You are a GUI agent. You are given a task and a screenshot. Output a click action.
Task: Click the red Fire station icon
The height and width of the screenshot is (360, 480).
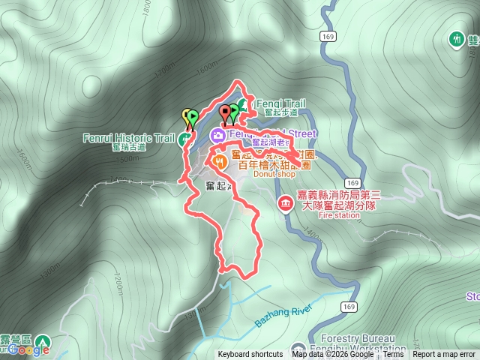(x=285, y=203)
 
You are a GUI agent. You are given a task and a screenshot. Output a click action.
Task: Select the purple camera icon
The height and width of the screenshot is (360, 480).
(x=217, y=135)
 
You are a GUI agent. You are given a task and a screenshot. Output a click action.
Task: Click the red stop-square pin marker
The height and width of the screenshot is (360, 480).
(x=225, y=113)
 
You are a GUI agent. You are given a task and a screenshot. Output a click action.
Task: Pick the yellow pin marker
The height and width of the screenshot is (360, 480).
(x=187, y=115)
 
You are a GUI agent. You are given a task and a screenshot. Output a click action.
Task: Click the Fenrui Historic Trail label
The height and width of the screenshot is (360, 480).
(x=128, y=138)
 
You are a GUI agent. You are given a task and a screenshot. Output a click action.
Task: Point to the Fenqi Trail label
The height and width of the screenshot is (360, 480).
(x=280, y=103)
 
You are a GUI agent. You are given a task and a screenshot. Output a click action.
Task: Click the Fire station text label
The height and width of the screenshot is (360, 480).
(x=329, y=215)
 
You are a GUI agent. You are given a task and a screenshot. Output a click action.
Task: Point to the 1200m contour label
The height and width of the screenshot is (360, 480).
(x=118, y=284)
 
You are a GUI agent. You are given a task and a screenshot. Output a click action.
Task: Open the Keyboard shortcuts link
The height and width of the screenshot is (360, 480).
(x=250, y=355)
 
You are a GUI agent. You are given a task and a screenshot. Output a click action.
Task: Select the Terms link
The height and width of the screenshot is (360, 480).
(x=393, y=355)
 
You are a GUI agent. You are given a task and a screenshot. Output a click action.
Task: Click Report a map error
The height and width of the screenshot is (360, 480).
(x=444, y=355)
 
